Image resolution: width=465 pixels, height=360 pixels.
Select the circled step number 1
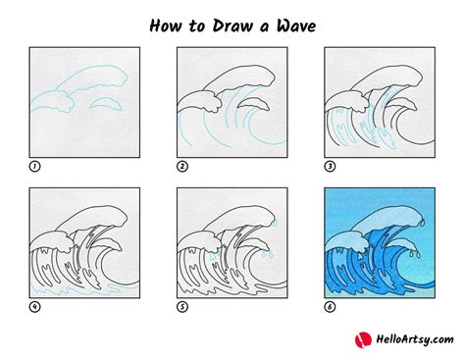pos(34,167)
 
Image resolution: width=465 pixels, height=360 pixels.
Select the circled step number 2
pos(182,167)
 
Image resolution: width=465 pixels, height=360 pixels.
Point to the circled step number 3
pos(330,167)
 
